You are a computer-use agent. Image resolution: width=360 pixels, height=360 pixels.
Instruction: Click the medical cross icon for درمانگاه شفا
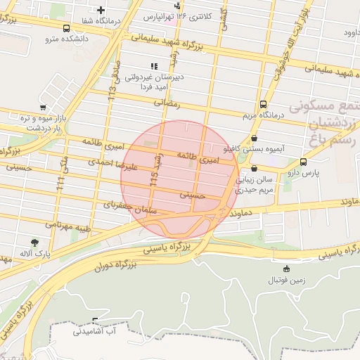coord(101,10)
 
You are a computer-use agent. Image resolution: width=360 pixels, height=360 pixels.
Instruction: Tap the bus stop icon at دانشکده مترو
coord(66,29)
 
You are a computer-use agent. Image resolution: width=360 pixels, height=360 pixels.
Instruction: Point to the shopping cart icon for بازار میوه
coord(44,108)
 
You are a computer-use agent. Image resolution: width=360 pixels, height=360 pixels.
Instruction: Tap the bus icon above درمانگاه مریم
coord(263,103)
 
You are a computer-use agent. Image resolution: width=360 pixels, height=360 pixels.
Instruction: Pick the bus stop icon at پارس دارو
coord(303,161)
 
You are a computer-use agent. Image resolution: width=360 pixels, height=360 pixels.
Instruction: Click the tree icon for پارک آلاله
coord(35,243)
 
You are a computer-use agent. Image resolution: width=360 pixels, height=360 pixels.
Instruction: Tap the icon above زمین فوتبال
coord(286,269)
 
